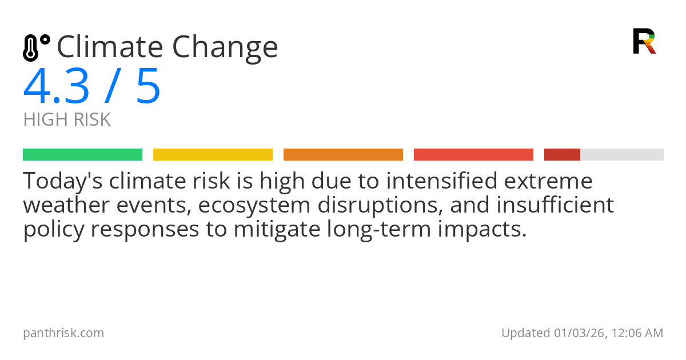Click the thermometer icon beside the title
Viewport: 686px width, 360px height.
(x=36, y=47)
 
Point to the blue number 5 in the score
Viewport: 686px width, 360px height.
(x=148, y=87)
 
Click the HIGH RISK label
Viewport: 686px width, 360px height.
(x=67, y=120)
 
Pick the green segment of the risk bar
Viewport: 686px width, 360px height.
(x=82, y=155)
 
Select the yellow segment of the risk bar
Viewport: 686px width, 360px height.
(x=213, y=155)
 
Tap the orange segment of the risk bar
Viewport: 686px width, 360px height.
(x=343, y=155)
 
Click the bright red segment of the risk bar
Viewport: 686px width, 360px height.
(x=473, y=155)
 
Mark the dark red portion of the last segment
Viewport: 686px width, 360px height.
(x=562, y=155)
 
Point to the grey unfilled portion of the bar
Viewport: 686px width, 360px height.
(x=622, y=155)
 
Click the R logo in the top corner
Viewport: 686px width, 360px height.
(x=644, y=41)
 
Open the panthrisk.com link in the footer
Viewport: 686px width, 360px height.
(x=63, y=333)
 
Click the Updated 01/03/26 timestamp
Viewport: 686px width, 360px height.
(x=582, y=333)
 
